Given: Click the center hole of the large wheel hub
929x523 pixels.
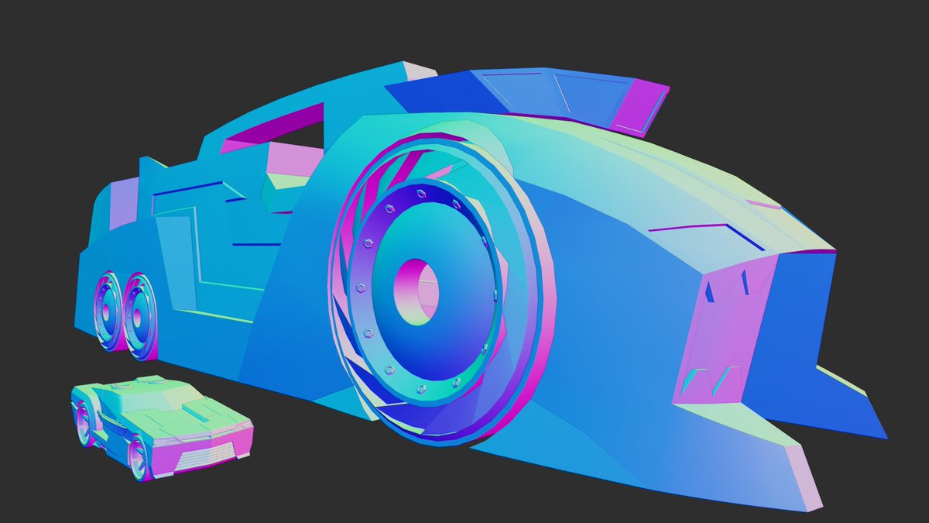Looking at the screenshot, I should (x=417, y=292).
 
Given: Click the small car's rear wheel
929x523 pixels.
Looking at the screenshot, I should (x=83, y=423).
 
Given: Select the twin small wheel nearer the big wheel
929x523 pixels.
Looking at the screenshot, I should (x=141, y=315).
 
